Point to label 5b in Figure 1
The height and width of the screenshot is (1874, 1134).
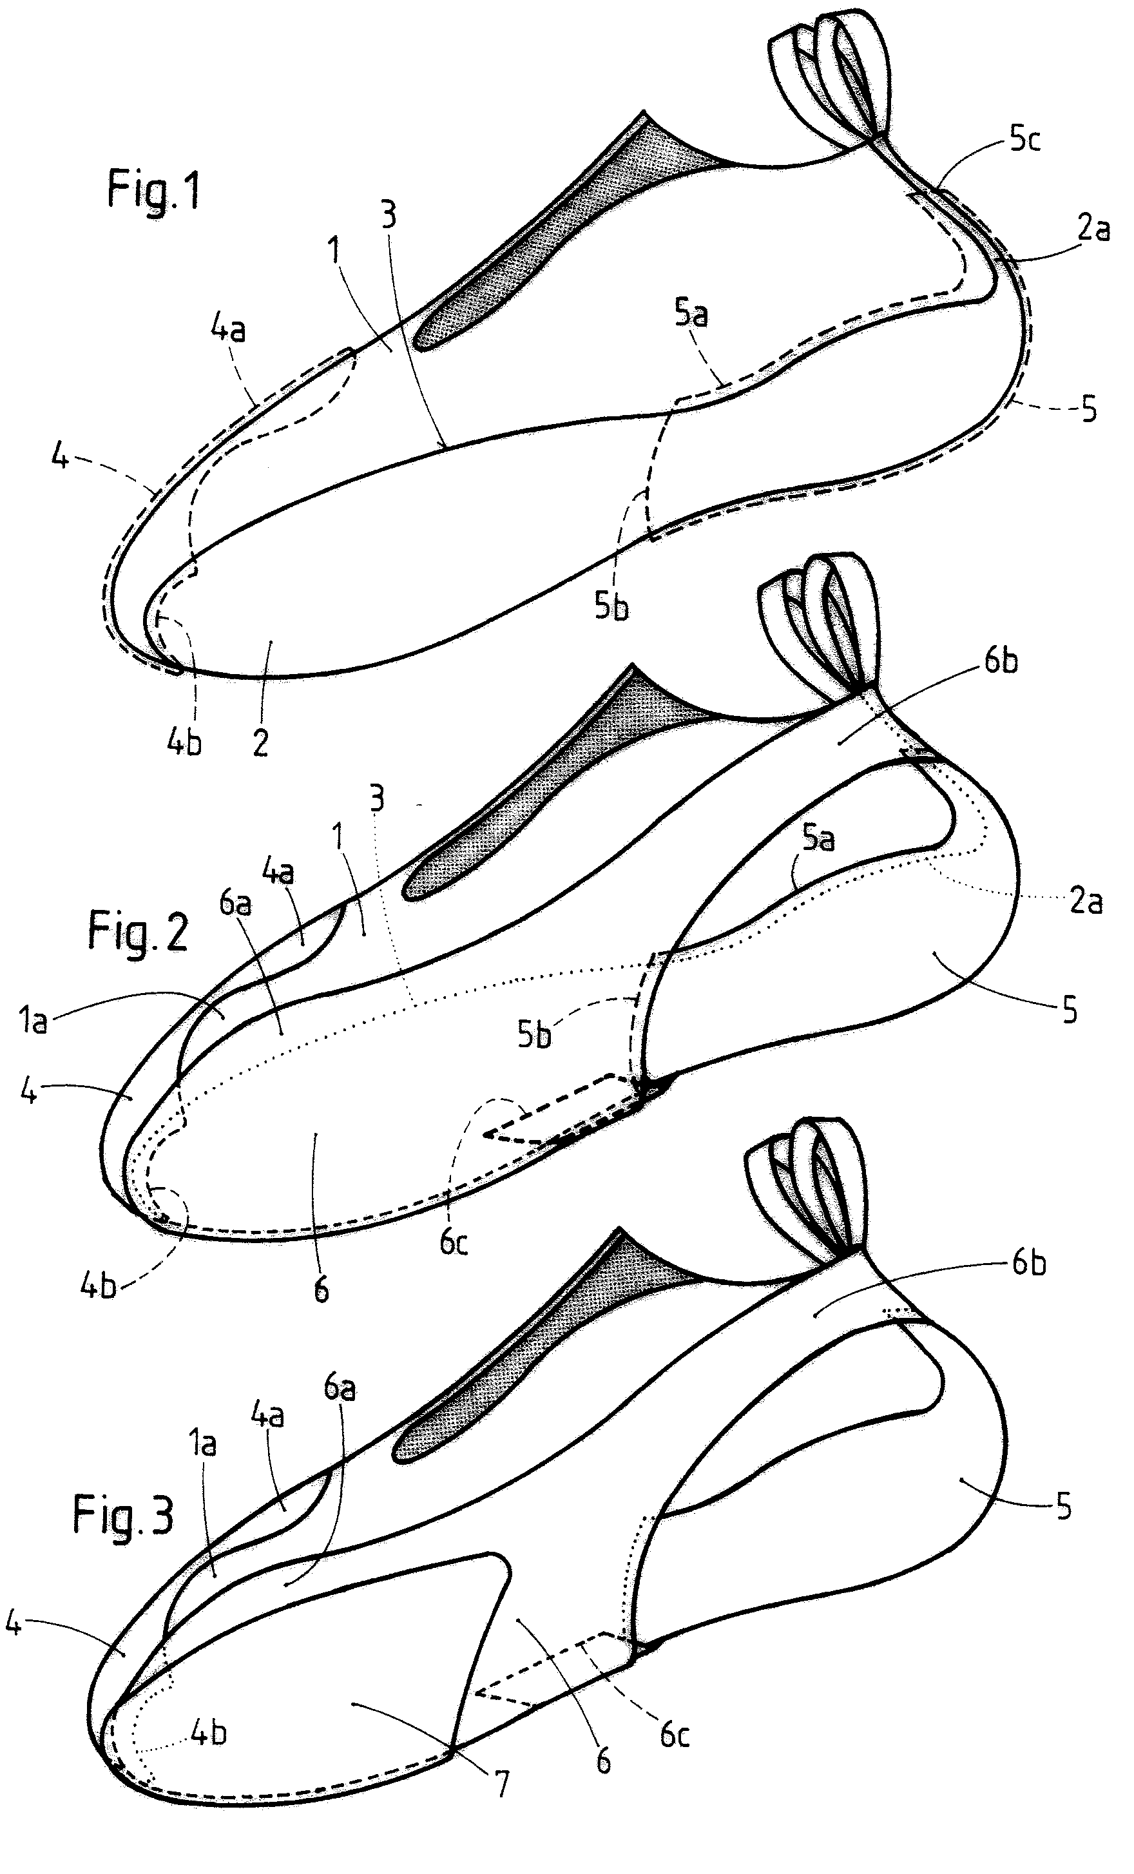pyautogui.click(x=611, y=606)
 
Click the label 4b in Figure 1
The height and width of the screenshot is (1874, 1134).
pyautogui.click(x=184, y=742)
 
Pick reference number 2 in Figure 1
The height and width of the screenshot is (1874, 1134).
pyautogui.click(x=260, y=742)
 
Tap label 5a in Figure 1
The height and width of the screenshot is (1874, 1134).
pyautogui.click(x=691, y=313)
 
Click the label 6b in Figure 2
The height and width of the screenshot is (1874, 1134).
pyautogui.click(x=1000, y=661)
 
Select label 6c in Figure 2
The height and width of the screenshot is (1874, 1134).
pyautogui.click(x=454, y=1242)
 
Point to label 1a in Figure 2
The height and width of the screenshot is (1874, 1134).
pyautogui.click(x=32, y=1021)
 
